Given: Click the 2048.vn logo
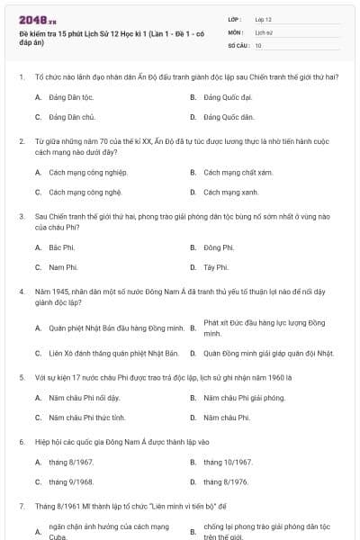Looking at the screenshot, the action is click(x=37, y=19).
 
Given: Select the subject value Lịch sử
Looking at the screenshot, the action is click(x=263, y=31).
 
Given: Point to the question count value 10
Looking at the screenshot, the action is click(x=258, y=44).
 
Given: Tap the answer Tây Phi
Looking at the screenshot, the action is click(x=216, y=267).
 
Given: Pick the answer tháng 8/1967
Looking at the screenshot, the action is click(x=71, y=462).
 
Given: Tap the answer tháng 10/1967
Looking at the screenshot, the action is click(x=228, y=462).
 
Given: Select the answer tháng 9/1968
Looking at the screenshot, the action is click(x=71, y=482).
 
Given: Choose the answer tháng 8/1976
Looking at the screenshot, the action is click(x=226, y=482).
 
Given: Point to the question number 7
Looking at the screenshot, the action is click(x=21, y=507).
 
